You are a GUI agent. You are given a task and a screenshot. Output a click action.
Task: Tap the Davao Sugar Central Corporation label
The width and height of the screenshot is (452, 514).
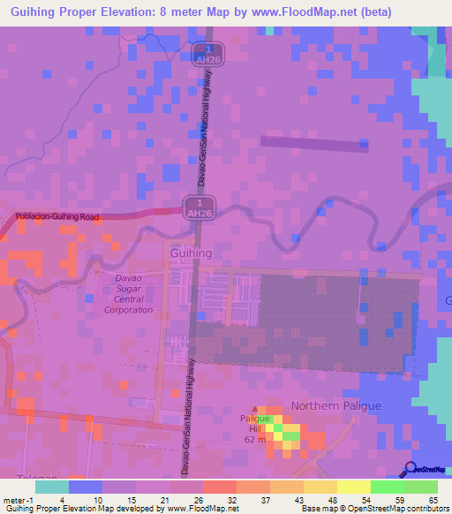[x=129, y=294]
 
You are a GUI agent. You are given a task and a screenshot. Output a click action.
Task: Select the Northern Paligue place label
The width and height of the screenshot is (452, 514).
[x=336, y=405]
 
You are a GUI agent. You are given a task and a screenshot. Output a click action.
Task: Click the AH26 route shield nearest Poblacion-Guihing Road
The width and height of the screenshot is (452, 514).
[x=200, y=208]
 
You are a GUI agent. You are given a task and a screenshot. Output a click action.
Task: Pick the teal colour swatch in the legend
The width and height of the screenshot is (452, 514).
[x=52, y=487]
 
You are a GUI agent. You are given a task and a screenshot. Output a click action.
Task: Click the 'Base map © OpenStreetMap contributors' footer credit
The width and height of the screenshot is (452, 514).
[x=375, y=509]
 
